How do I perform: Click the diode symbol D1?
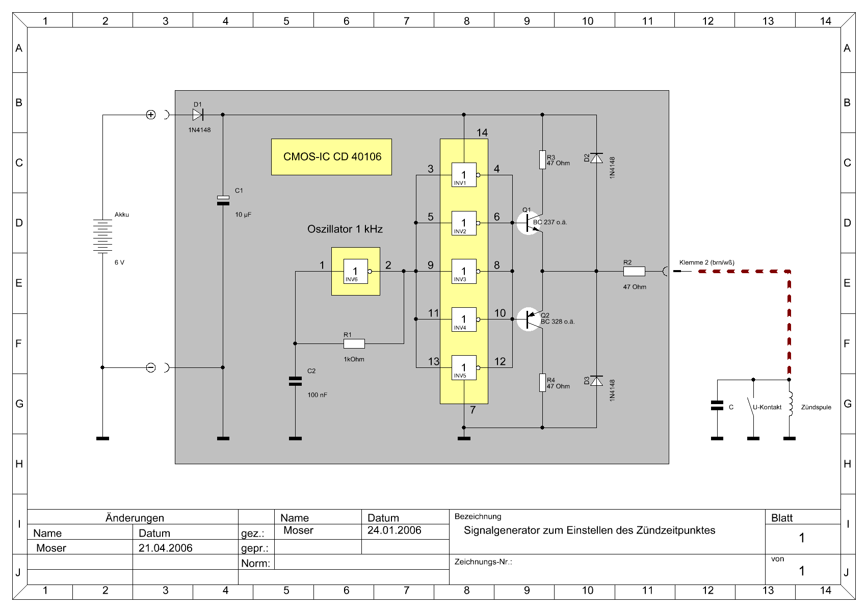tap(198, 115)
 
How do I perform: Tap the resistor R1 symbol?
tap(354, 343)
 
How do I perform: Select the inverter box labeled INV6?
tap(356, 271)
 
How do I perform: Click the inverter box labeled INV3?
tap(464, 271)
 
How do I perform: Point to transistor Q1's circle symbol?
tap(529, 223)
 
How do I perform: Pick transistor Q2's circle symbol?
tap(529, 319)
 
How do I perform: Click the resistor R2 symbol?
tap(634, 271)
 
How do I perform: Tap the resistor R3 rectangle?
tap(542, 160)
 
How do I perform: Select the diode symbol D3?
tap(596, 381)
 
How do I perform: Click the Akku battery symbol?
tap(102, 236)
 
